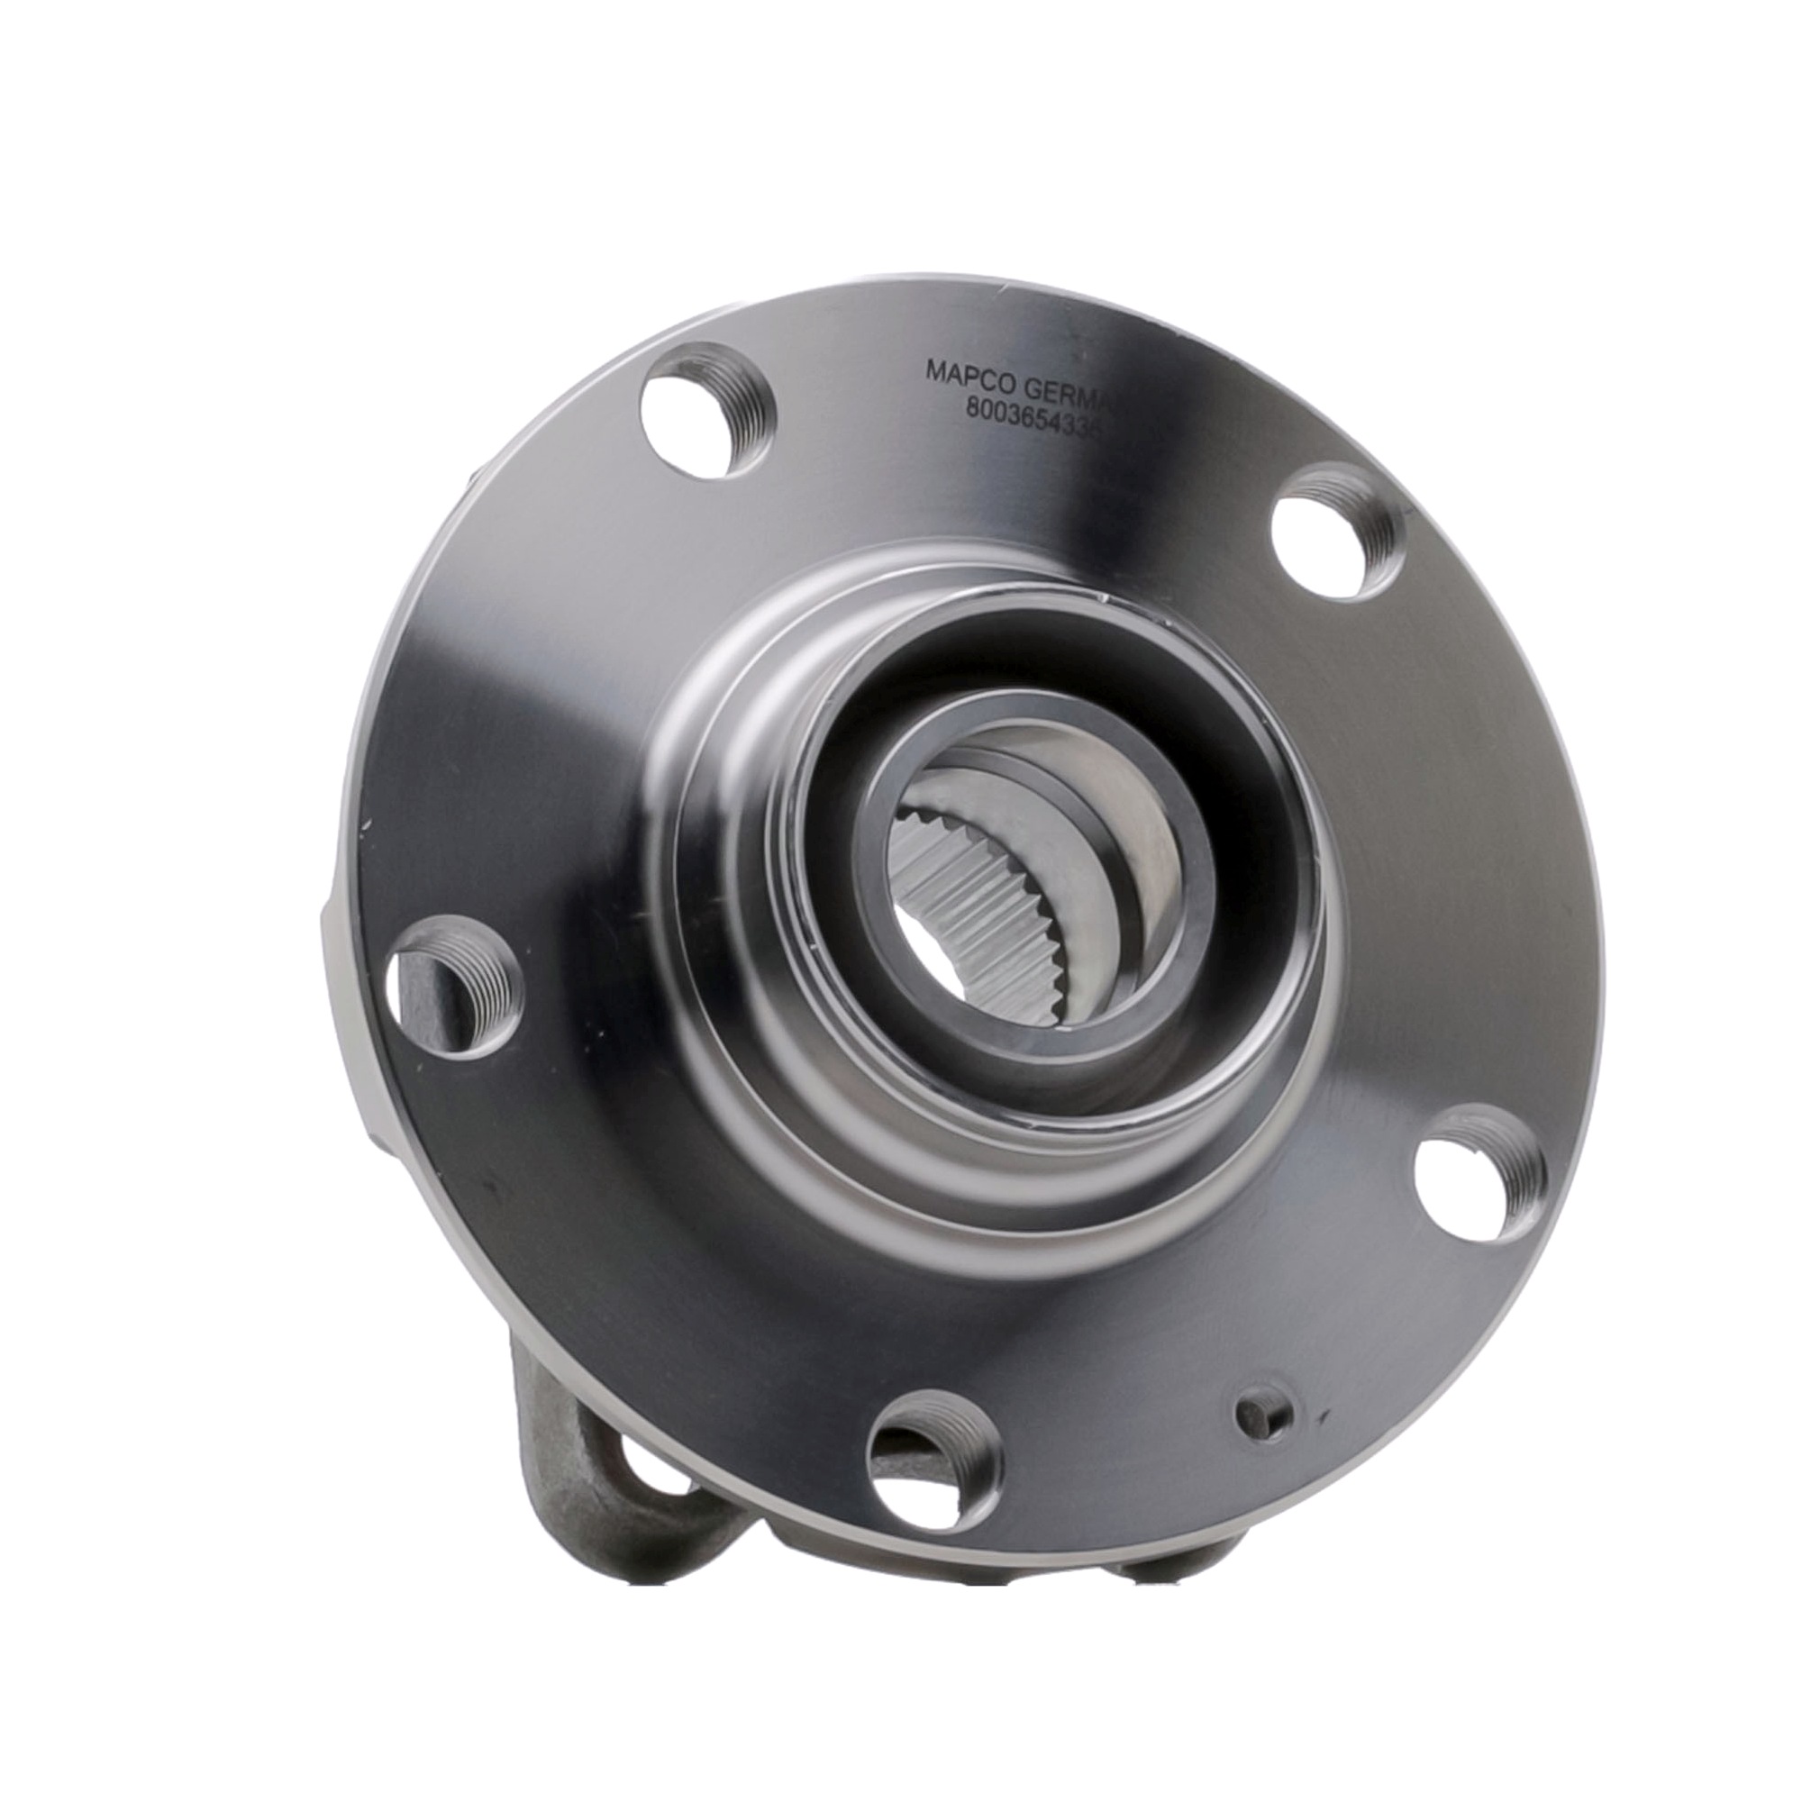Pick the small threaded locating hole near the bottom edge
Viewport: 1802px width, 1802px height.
[1261, 1419]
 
